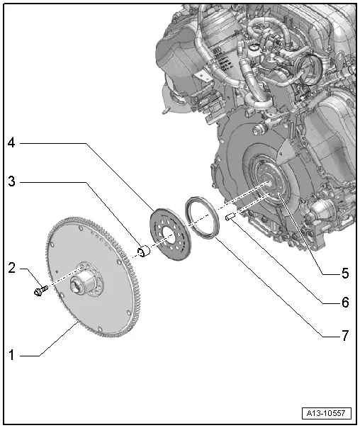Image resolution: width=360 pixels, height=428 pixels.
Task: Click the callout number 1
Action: point(11,355)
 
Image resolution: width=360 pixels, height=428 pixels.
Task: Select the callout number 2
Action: point(12,268)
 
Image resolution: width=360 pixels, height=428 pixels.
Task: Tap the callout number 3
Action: point(12,181)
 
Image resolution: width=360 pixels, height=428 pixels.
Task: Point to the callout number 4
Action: point(11,142)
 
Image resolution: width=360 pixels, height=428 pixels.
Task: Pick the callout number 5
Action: point(345,273)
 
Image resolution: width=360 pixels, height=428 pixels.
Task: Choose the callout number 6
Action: point(345,302)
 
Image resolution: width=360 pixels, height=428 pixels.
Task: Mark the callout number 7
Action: point(345,335)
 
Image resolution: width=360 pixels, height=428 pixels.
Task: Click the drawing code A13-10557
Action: point(326,412)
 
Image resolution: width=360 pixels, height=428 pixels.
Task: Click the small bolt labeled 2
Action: point(40,291)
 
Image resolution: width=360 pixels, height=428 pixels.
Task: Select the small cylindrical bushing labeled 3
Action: point(144,251)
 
